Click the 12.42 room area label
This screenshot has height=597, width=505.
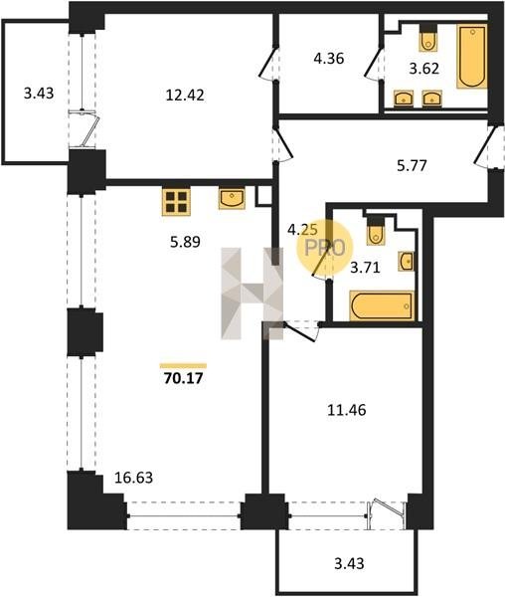(x=185, y=95)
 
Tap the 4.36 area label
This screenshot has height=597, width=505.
(x=329, y=59)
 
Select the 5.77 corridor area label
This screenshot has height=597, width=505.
(x=412, y=165)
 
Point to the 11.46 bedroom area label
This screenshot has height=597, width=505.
(x=347, y=410)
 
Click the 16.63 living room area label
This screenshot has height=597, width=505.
(x=133, y=477)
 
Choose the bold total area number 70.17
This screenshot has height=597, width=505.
(x=183, y=378)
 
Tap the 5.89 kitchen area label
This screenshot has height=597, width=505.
(x=185, y=242)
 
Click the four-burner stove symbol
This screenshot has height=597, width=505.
(x=176, y=202)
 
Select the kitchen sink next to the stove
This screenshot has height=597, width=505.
(x=232, y=198)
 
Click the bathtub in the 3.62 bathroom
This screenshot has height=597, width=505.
(x=472, y=57)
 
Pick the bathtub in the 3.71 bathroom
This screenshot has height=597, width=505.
(x=382, y=305)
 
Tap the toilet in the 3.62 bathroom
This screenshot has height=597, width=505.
(x=428, y=38)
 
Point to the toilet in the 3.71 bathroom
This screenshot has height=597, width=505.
(x=376, y=231)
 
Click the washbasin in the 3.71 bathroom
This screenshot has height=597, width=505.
(x=407, y=261)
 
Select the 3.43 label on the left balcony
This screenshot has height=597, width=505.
(x=39, y=93)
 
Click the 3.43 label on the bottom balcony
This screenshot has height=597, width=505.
(x=349, y=563)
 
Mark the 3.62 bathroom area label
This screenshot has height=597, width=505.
(x=424, y=69)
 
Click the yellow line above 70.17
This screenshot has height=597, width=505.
(x=183, y=366)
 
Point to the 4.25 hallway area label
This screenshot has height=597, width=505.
(x=302, y=230)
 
